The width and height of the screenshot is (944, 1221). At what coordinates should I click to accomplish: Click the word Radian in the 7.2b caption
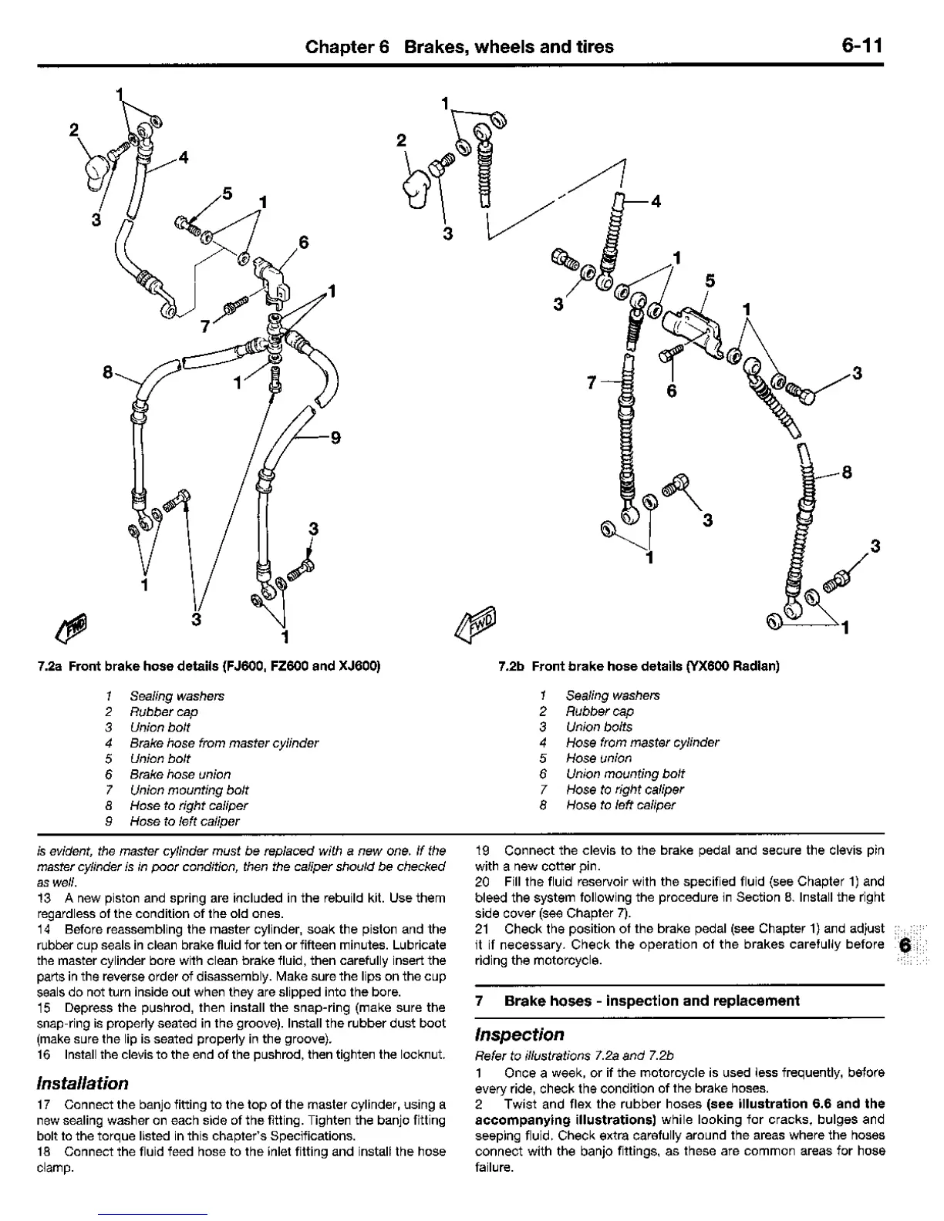[756, 665]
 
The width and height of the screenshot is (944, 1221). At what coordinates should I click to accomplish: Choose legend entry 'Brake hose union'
[180, 774]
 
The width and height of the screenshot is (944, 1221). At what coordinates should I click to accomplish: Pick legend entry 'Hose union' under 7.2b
[598, 758]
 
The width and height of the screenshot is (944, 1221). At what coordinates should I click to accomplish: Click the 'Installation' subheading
[83, 1082]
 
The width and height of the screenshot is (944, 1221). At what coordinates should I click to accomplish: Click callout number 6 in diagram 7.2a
[303, 242]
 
